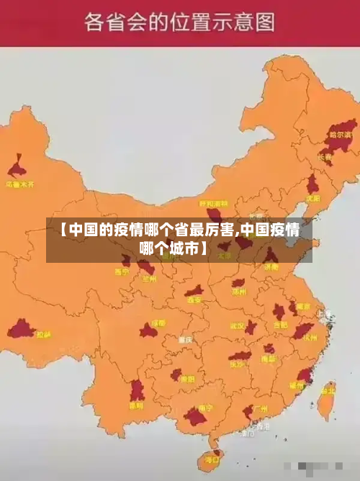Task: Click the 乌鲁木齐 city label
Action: pos(21,184)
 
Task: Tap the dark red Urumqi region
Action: pos(18,168)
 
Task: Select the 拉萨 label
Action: pos(44,334)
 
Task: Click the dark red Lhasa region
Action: pos(21,331)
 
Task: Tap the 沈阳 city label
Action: pos(312,197)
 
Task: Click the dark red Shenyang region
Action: pos(312,184)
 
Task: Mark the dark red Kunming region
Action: pos(136,391)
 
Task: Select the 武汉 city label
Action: pos(238,325)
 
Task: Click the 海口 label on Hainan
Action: pos(212,459)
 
